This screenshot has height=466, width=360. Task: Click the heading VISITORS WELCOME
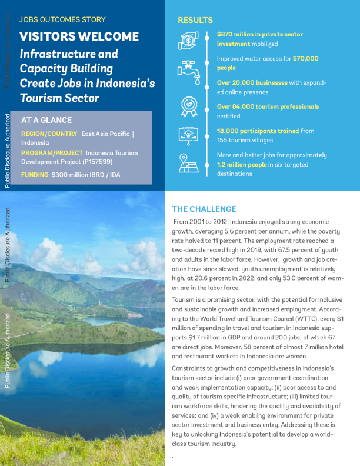click(x=79, y=36)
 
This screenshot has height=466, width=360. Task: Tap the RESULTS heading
click(x=195, y=21)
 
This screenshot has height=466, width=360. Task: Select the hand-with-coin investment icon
click(x=189, y=40)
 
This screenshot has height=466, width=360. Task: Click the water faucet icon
click(x=189, y=69)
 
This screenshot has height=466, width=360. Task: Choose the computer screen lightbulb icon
click(x=189, y=135)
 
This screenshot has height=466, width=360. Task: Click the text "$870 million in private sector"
click(x=260, y=34)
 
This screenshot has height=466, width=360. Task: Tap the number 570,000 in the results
click(x=305, y=59)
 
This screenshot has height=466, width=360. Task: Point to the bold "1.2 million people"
click(x=242, y=165)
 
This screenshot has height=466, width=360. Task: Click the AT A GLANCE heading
click(x=46, y=119)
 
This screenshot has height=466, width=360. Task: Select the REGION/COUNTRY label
click(x=49, y=134)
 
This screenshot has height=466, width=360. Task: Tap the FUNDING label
click(x=35, y=175)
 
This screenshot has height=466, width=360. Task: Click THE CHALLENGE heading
click(x=204, y=209)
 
